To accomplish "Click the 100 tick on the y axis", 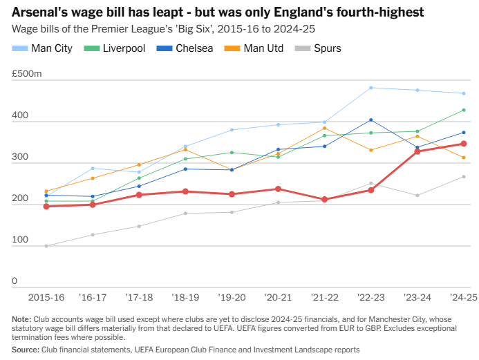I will [x=19, y=240].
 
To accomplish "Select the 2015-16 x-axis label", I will [x=46, y=297].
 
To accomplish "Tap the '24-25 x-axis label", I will [x=463, y=297].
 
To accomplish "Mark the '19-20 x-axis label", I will [x=232, y=297].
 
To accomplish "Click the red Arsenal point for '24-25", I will [x=464, y=144].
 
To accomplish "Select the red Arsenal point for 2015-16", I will [x=46, y=206].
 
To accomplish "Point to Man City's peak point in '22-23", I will [x=371, y=88].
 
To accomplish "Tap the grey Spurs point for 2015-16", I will [x=46, y=246].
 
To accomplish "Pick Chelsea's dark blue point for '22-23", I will [x=371, y=120].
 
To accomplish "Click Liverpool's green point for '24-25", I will [x=464, y=110].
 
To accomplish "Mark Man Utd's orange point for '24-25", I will [x=464, y=158].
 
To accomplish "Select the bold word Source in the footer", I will [x=25, y=350].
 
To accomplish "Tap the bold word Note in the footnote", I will [x=21, y=319].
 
